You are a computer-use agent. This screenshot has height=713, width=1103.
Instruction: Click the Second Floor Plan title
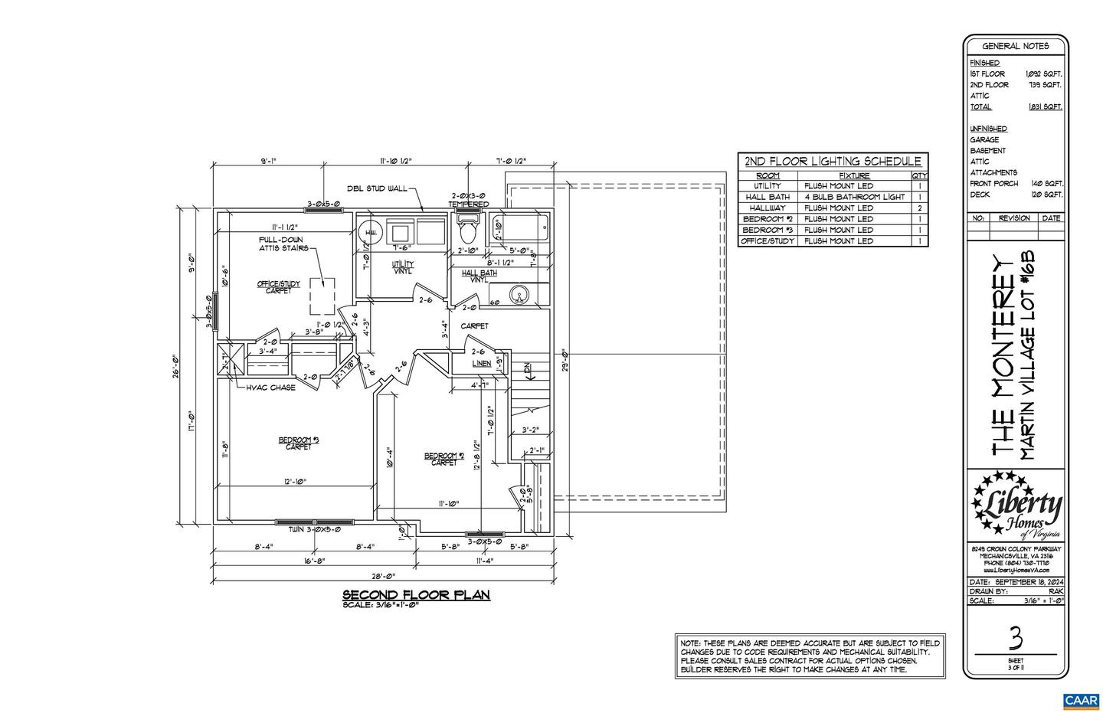pos(415,594)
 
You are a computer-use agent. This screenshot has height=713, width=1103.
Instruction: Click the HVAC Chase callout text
pos(270,388)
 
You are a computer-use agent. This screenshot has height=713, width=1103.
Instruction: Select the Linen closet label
pos(481,363)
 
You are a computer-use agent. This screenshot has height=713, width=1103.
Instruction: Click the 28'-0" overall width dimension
pos(383,576)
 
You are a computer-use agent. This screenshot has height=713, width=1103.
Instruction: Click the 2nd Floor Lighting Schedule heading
pos(833,162)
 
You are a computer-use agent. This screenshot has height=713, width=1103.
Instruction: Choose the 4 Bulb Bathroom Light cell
pos(854,197)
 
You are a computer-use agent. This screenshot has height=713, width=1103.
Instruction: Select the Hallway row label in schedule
pos(768,208)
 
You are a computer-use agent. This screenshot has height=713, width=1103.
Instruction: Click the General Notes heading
pos(1015,46)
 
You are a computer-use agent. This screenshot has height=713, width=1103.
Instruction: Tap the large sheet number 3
pos(1016,637)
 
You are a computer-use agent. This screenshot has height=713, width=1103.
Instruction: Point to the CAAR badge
pos(1081,700)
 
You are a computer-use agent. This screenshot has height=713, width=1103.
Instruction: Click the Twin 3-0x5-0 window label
pos(314,529)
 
